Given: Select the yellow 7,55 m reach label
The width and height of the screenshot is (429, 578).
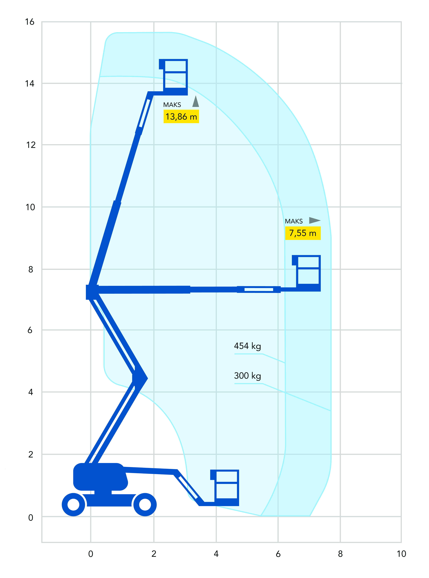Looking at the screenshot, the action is [303, 233].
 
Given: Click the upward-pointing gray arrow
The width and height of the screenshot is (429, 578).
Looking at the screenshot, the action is [196, 101].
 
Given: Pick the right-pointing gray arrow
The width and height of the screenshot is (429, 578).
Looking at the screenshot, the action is [315, 220].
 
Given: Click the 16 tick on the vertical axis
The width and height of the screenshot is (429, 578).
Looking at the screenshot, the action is [30, 22].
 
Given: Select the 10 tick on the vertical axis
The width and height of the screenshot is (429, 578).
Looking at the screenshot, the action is [30, 207].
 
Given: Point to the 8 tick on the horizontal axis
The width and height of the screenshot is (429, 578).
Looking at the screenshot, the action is [340, 554].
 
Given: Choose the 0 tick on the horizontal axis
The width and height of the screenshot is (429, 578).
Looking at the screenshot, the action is [91, 554].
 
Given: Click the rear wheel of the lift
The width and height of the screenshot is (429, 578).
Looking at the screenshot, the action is [73, 504].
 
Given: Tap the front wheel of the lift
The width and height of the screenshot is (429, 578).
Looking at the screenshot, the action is [145, 504].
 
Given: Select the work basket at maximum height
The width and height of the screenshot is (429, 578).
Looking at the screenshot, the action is [173, 77].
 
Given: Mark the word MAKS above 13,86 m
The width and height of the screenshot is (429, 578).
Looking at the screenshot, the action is [172, 105].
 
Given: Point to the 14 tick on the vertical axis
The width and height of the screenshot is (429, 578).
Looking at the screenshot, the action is [30, 83].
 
